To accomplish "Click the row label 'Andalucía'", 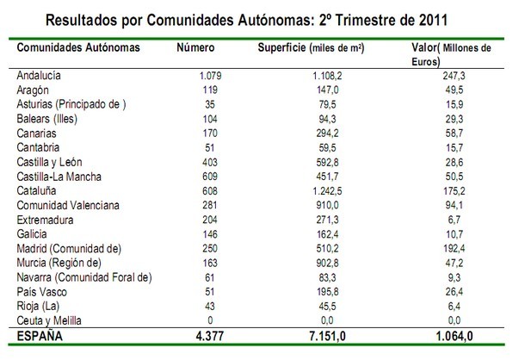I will pos(42,77).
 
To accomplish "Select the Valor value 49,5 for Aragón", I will pos(456,90).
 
